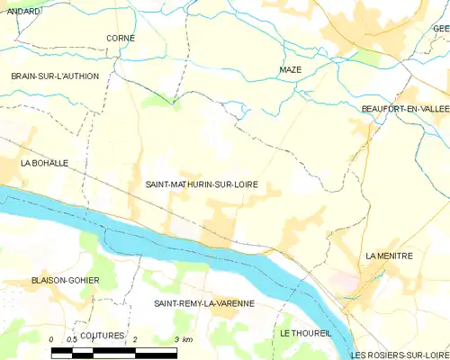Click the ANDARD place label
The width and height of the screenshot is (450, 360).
(x=25, y=11)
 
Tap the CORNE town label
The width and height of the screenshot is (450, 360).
(x=121, y=38)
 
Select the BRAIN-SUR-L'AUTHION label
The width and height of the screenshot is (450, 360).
(x=54, y=76)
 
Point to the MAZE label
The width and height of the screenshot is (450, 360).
(x=290, y=69)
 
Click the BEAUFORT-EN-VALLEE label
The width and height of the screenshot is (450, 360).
(x=404, y=108)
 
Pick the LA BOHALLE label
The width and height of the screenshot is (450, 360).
(x=45, y=163)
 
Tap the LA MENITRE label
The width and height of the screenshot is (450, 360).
(x=389, y=256)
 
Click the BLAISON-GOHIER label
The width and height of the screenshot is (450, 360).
(x=65, y=280)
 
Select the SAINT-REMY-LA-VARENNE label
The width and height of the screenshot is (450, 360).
(x=203, y=303)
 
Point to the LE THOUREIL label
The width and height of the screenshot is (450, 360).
(x=305, y=332)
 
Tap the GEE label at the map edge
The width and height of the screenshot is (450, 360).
(x=441, y=29)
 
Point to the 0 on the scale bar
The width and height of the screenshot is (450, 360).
(x=51, y=339)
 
